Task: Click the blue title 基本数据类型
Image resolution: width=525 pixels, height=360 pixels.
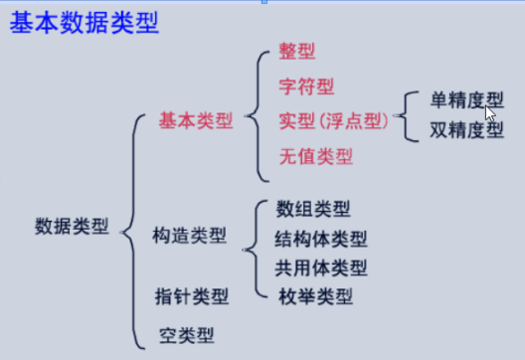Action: [x=85, y=23]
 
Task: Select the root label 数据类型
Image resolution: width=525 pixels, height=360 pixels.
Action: [x=72, y=226]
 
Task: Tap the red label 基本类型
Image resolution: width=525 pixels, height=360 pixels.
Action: [x=196, y=120]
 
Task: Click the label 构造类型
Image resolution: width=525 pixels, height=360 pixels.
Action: [x=190, y=235]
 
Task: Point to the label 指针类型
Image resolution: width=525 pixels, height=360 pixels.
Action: [x=192, y=296]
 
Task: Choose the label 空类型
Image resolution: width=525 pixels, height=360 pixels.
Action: [x=187, y=335]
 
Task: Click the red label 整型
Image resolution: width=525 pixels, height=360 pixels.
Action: [x=297, y=52]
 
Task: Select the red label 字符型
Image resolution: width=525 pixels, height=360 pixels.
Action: [x=306, y=87]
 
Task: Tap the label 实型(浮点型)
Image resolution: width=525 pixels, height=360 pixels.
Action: [x=334, y=121]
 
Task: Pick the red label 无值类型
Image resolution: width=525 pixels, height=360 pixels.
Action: [x=316, y=156]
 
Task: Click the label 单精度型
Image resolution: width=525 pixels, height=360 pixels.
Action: [x=466, y=99]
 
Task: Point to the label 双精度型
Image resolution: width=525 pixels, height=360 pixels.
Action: [x=466, y=129]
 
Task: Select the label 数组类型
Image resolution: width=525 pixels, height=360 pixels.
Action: [x=313, y=209]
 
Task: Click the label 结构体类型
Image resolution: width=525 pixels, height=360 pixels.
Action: [x=321, y=239]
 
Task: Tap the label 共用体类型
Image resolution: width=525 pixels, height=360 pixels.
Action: [x=321, y=268]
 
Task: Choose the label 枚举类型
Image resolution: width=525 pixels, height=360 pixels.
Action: [x=315, y=296]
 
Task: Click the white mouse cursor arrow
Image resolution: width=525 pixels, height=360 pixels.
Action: [x=490, y=113]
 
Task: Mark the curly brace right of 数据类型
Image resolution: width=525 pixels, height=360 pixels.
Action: [x=133, y=232]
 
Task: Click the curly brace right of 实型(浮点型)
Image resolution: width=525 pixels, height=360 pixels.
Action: [x=406, y=116]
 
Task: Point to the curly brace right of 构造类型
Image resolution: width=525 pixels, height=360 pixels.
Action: [x=256, y=250]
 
